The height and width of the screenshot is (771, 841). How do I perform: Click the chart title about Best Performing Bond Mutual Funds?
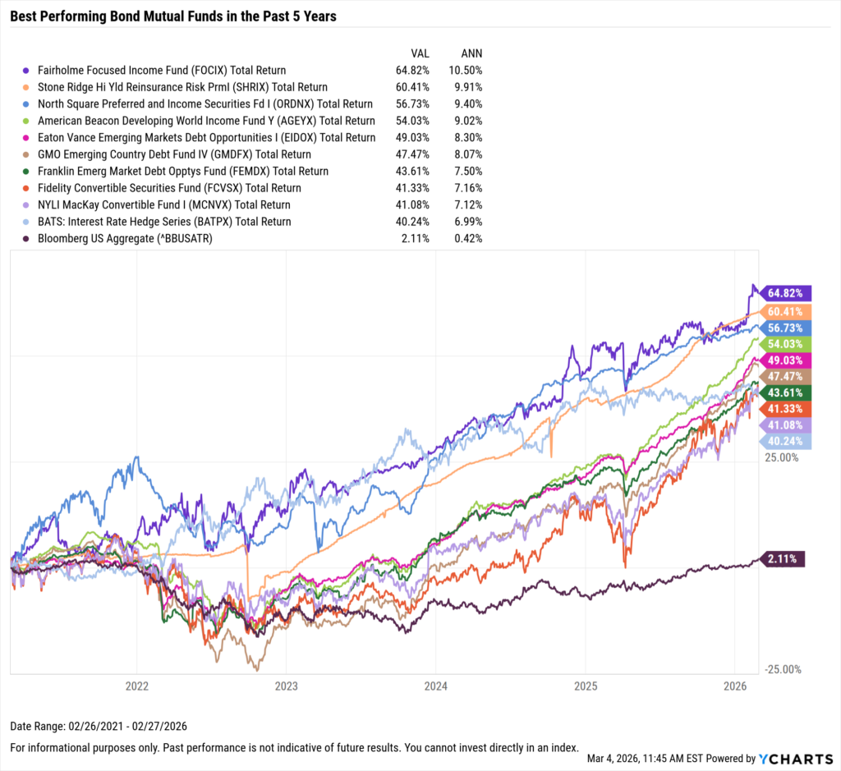pos(173,16)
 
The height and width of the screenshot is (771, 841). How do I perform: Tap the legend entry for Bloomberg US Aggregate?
pos(136,238)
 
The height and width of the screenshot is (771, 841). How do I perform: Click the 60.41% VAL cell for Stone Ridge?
pos(413,87)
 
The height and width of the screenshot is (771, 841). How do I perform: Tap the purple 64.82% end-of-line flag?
pos(787,292)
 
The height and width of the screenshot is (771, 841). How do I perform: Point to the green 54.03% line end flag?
pos(787,343)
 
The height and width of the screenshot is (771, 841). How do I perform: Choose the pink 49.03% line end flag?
pos(787,360)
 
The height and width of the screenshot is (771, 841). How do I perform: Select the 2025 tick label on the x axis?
pos(586,684)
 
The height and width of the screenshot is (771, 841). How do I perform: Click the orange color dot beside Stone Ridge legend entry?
pos(29,88)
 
